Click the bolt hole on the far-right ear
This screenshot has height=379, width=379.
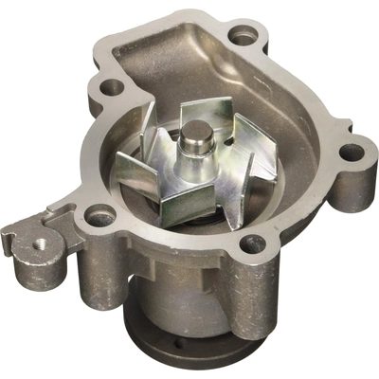pos(352,152)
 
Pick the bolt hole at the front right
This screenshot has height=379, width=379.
pos(253,244)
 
